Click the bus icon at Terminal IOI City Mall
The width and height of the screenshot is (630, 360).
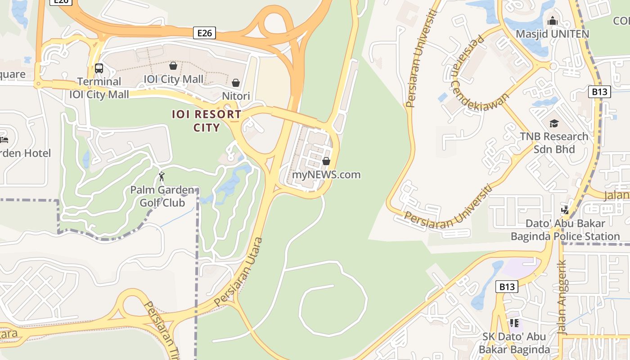99,68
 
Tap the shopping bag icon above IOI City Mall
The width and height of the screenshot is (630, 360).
173,66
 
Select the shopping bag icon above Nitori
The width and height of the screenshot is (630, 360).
235,83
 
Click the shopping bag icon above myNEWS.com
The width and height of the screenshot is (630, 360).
326,161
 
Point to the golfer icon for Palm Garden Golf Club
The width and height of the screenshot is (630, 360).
162,176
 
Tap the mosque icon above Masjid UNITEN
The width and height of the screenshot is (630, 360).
552,21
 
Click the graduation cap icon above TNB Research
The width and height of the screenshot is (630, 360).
553,123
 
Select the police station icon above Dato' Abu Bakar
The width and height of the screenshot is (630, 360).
565,210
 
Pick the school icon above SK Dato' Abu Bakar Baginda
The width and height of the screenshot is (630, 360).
514,323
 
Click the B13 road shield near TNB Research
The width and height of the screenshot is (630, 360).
599,92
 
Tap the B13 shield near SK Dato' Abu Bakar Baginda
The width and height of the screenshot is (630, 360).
507,287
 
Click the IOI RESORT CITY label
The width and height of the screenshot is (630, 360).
207,121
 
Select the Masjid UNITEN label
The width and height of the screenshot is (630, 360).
552,34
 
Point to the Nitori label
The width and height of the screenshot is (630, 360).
236,96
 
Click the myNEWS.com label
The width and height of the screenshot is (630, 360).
326,175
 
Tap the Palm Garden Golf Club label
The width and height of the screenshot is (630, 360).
162,196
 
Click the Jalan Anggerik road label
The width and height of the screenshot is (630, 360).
562,297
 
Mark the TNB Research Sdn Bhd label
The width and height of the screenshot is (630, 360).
553,143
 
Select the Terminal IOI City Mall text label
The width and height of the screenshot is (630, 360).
99,88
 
